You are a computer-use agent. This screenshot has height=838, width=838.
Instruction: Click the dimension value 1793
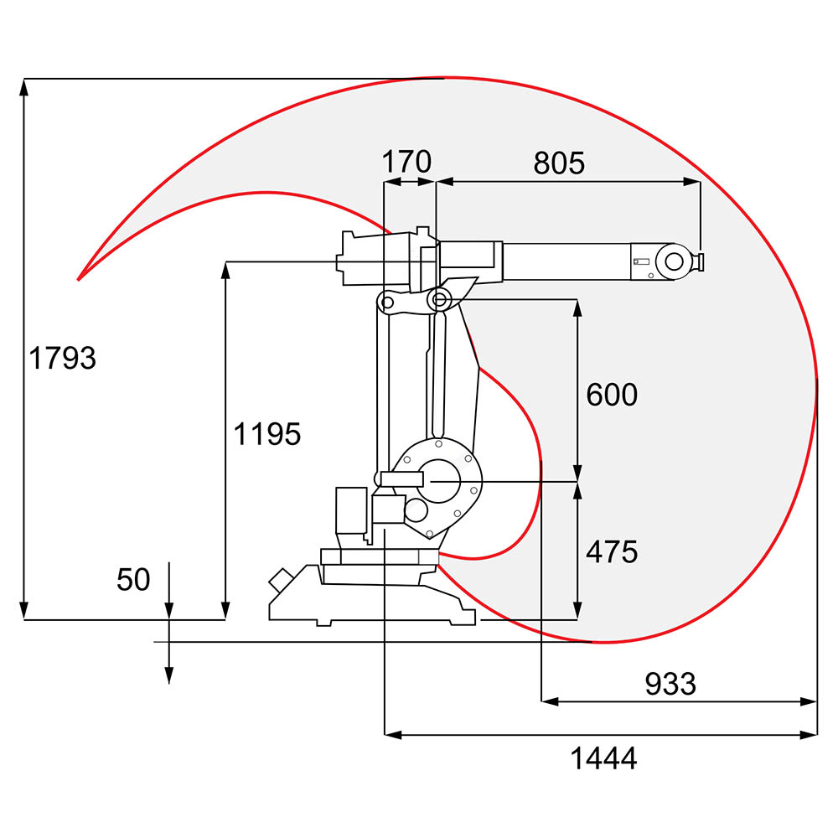63,359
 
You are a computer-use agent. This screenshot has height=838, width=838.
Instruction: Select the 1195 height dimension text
266,434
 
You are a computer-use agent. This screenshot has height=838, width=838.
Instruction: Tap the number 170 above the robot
406,162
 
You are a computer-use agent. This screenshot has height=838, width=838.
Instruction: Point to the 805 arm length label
559,163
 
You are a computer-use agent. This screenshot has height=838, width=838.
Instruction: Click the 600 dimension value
612,395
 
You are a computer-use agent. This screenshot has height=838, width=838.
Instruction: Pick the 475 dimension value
612,551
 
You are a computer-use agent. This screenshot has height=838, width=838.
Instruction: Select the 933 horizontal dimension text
670,685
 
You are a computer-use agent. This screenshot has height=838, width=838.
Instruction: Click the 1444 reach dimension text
603,758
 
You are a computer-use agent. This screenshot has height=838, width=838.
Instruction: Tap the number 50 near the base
133,580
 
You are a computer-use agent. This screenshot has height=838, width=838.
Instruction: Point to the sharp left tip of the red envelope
79,278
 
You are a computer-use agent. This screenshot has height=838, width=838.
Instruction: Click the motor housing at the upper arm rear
373,260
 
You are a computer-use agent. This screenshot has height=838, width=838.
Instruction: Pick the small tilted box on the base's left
280,578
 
